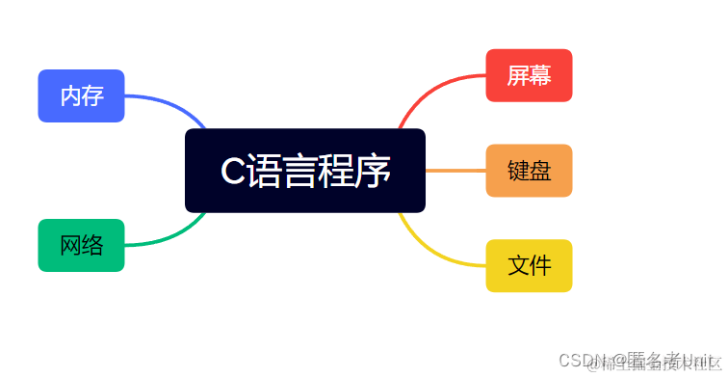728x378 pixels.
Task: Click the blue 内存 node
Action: [81, 95]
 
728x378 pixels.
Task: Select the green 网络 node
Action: [81, 245]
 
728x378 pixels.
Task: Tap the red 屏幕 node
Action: [529, 75]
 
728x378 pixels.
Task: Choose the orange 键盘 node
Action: [529, 171]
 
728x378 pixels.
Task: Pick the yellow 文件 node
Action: [529, 265]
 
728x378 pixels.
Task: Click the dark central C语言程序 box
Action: [304, 171]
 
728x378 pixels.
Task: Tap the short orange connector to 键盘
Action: [455, 171]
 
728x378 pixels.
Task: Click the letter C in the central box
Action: [232, 172]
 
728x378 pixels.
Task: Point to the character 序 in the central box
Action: [375, 172]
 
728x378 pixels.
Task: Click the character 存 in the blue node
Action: [92, 95]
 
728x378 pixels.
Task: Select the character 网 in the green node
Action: [70, 245]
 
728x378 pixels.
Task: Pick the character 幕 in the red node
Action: [540, 75]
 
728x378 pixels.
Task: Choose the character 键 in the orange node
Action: [518, 171]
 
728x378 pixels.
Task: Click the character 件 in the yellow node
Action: [540, 265]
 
